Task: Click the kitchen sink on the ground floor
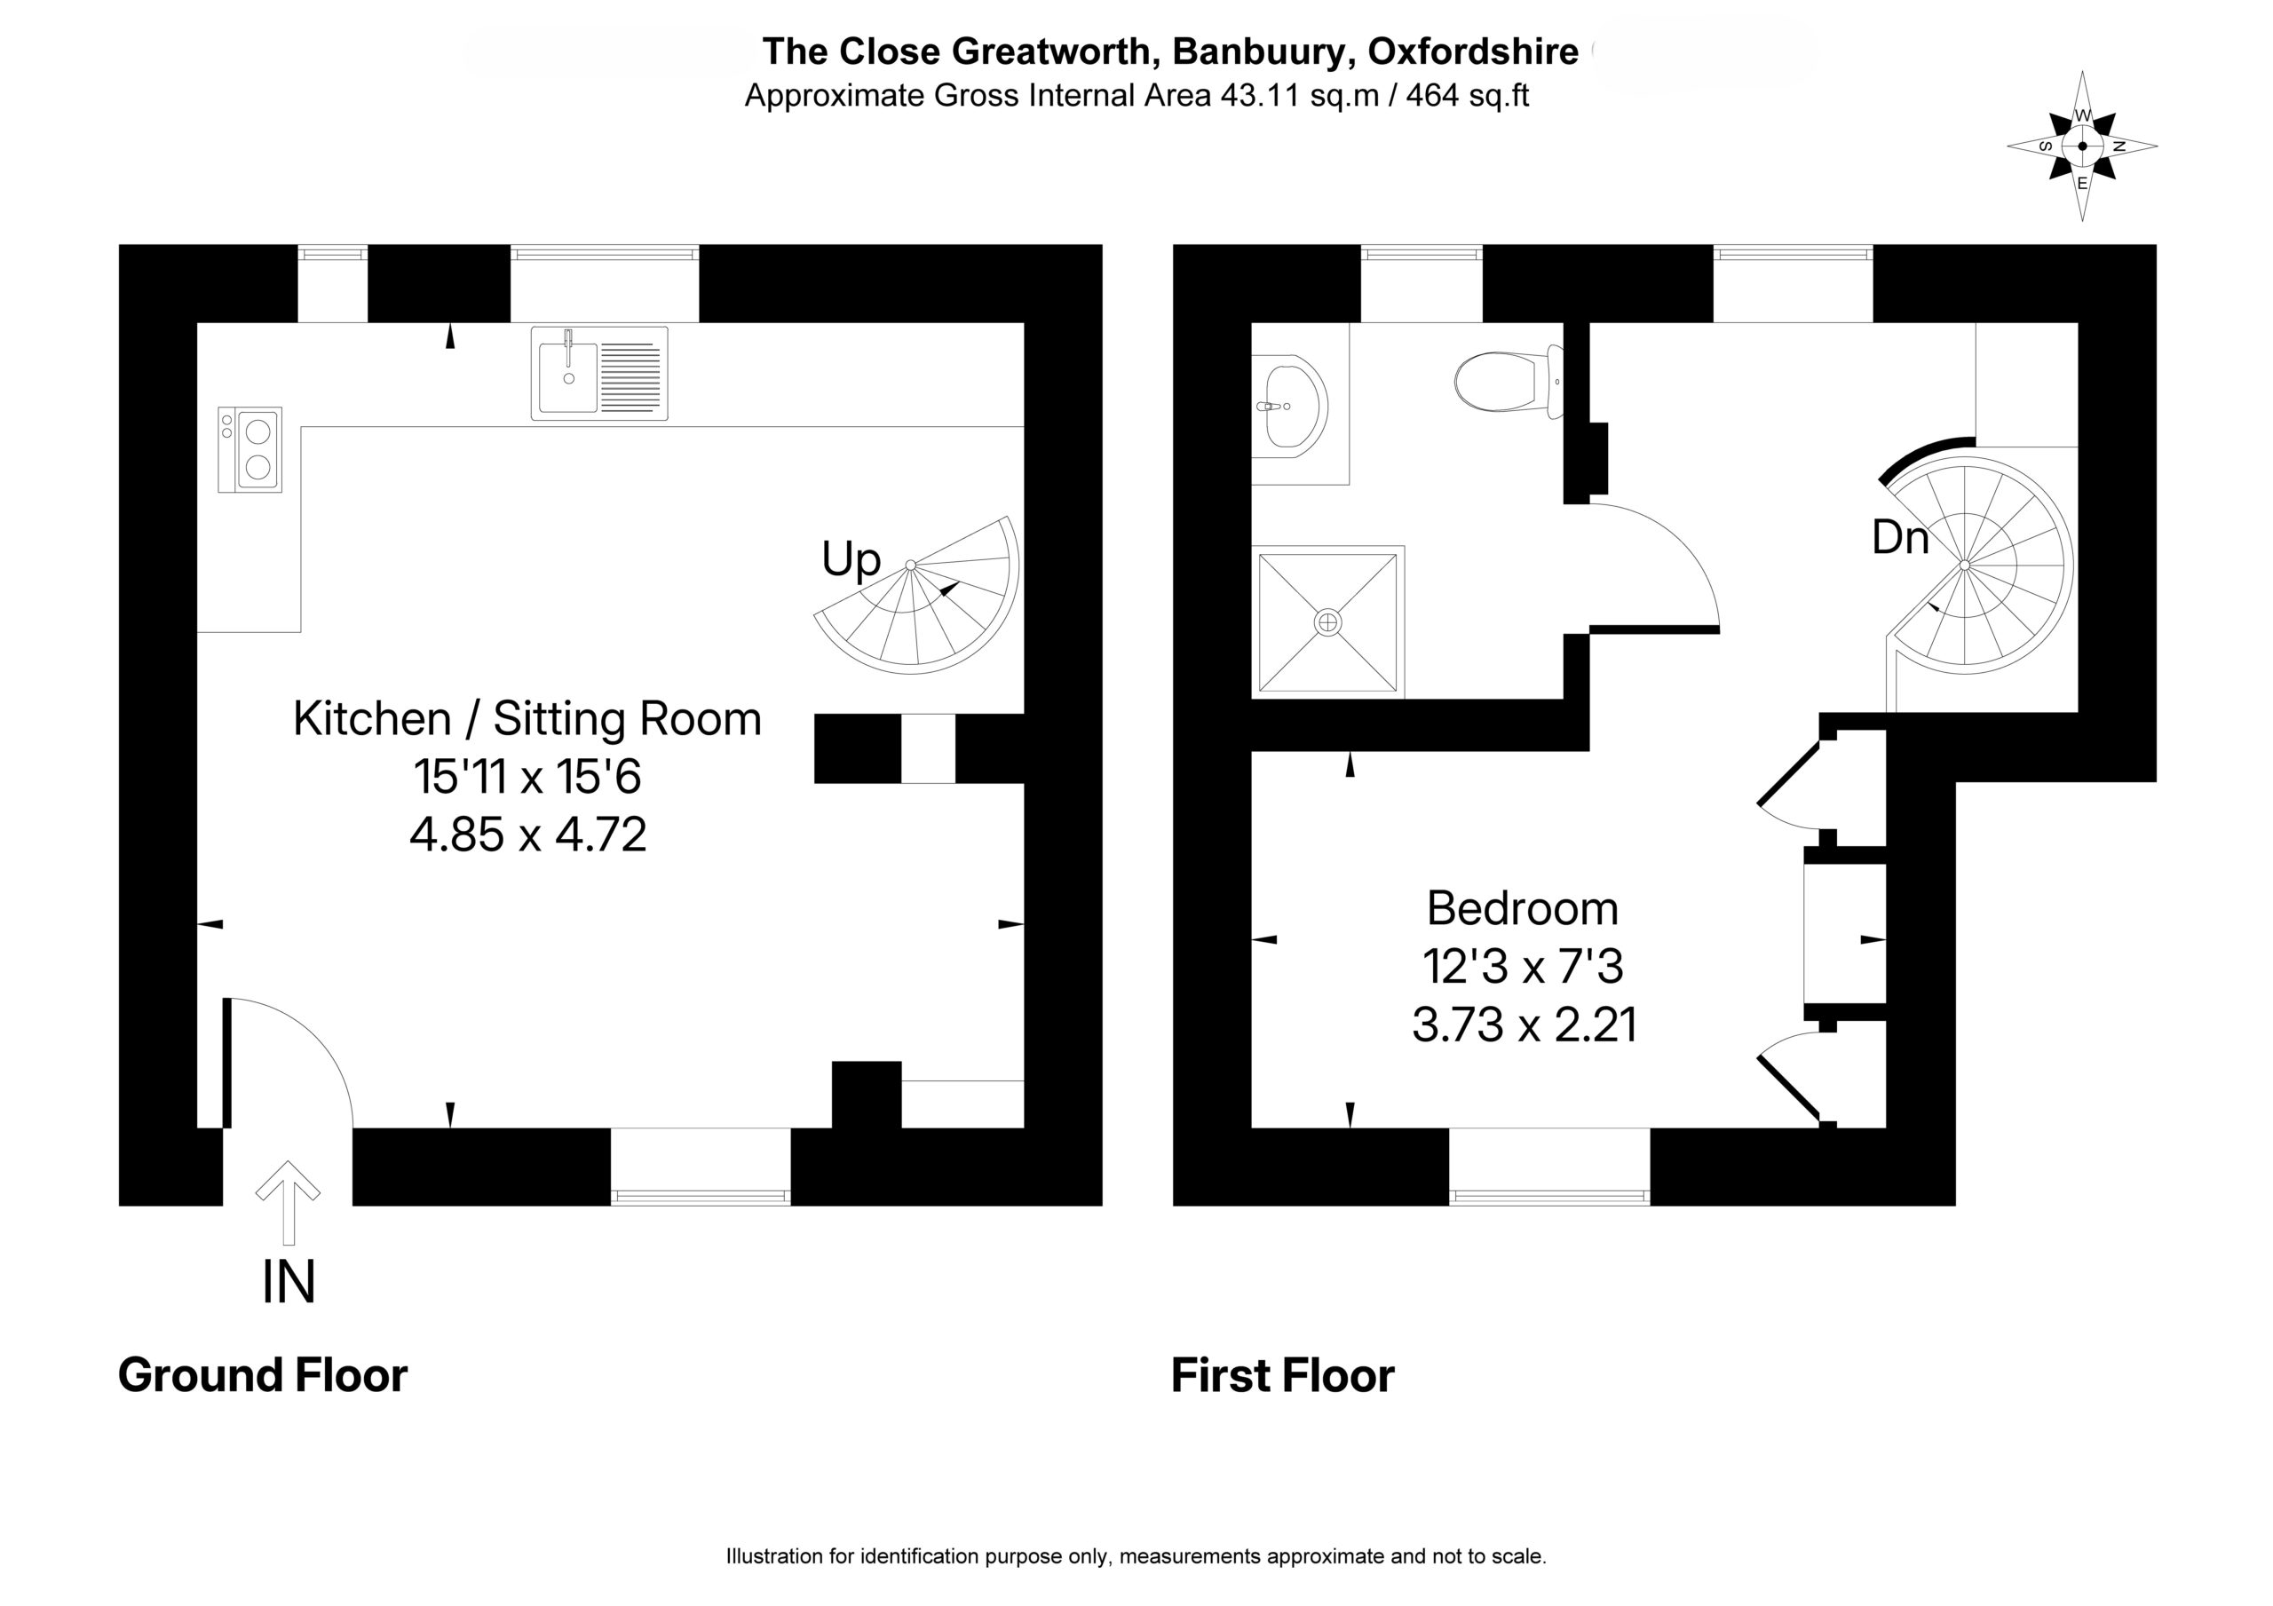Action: tap(599, 373)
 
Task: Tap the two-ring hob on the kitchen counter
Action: tap(249, 449)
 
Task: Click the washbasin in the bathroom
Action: tap(1291, 407)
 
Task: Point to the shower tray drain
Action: tap(1327, 621)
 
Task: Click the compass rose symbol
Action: tap(2082, 146)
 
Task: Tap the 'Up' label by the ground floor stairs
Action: tap(851, 559)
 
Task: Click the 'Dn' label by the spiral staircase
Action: tap(1900, 538)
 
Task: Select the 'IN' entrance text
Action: tap(288, 1282)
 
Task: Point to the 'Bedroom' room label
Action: tap(1523, 908)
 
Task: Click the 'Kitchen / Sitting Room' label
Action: tap(527, 719)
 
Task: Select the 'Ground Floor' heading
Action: tap(262, 1375)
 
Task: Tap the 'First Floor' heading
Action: tap(1282, 1375)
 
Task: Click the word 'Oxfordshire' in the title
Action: tap(1472, 51)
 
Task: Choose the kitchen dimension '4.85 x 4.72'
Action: tap(527, 835)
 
